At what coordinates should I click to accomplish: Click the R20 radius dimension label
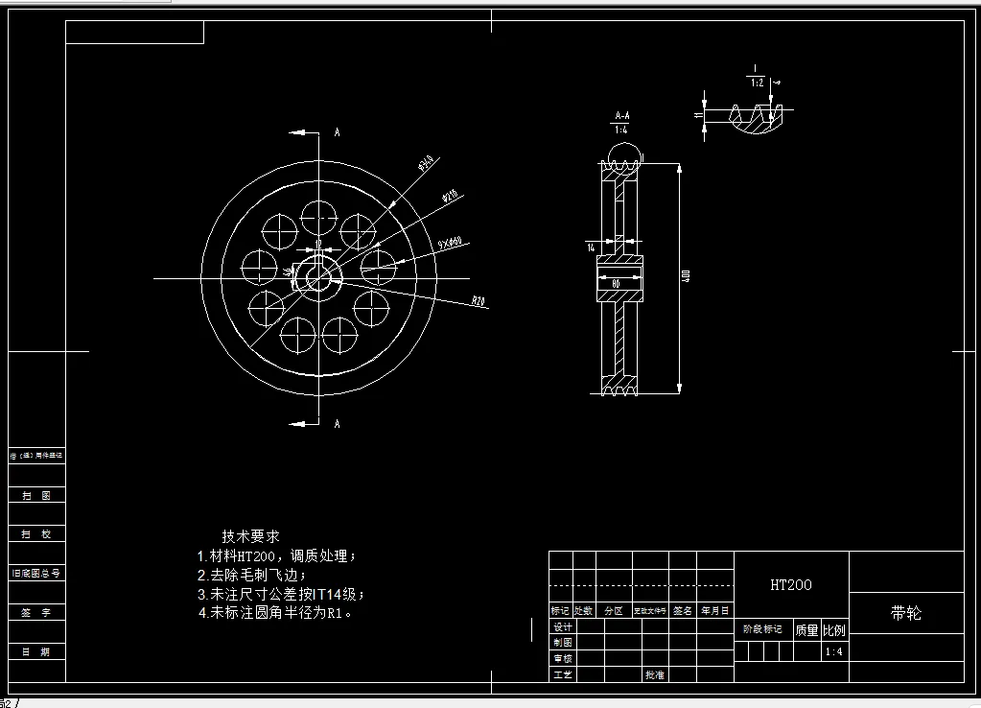[x=478, y=301]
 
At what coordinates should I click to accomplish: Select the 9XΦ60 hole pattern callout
[x=450, y=244]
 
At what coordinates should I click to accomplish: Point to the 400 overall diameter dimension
[x=687, y=276]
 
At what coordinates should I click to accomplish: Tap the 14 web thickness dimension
[x=592, y=248]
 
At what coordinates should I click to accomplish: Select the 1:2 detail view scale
[x=756, y=83]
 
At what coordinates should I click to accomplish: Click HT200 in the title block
[x=791, y=584]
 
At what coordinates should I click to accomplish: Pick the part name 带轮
[x=905, y=613]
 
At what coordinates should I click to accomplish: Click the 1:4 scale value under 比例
[x=834, y=652]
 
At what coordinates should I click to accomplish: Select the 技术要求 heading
[x=250, y=536]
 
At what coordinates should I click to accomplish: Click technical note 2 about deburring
[x=252, y=575]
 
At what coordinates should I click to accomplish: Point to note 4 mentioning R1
[x=275, y=612]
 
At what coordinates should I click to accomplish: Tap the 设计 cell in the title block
[x=562, y=626]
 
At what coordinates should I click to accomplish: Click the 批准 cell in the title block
[x=654, y=674]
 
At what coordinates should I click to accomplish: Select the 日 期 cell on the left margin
[x=36, y=651]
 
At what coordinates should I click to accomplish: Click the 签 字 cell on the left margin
[x=36, y=612]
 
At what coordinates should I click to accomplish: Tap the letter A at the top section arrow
[x=337, y=132]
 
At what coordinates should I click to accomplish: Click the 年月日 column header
[x=714, y=610]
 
